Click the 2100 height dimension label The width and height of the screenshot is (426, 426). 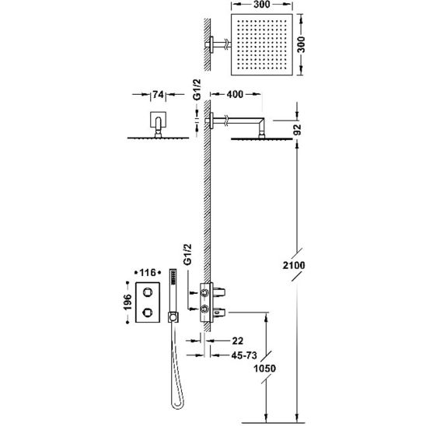294,265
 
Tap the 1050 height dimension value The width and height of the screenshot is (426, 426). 264,368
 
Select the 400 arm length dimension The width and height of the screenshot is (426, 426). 235,94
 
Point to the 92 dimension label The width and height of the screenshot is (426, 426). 298,130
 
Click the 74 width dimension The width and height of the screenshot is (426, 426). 158,95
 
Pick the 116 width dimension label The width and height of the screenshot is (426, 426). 148,272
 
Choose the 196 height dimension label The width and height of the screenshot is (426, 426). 127,302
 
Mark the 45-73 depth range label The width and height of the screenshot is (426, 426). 244,354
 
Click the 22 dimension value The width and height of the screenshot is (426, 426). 238,340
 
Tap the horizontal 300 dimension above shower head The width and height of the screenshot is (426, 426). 262,4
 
